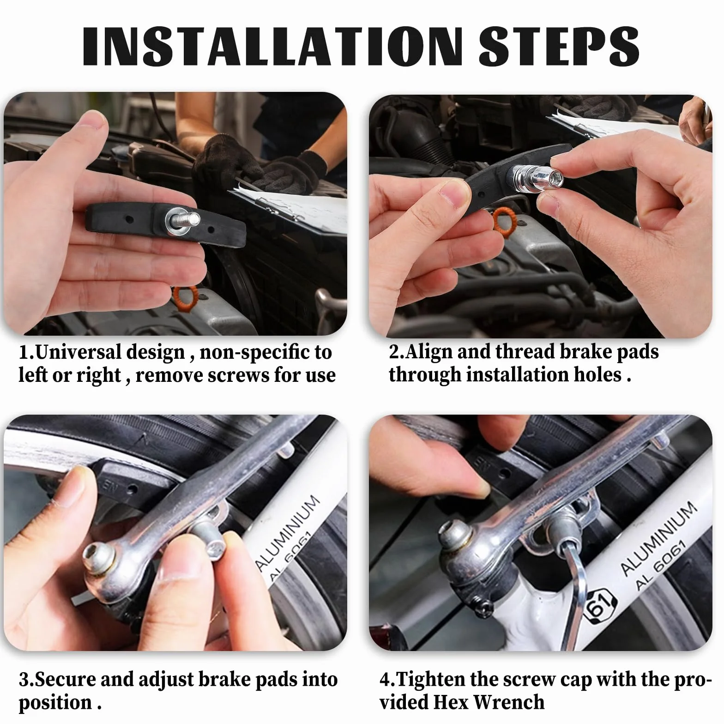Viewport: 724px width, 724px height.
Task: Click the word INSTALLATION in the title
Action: [x=272, y=46]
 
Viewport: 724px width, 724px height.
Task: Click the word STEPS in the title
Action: [x=559, y=46]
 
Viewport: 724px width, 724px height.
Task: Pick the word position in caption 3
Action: [x=55, y=703]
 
